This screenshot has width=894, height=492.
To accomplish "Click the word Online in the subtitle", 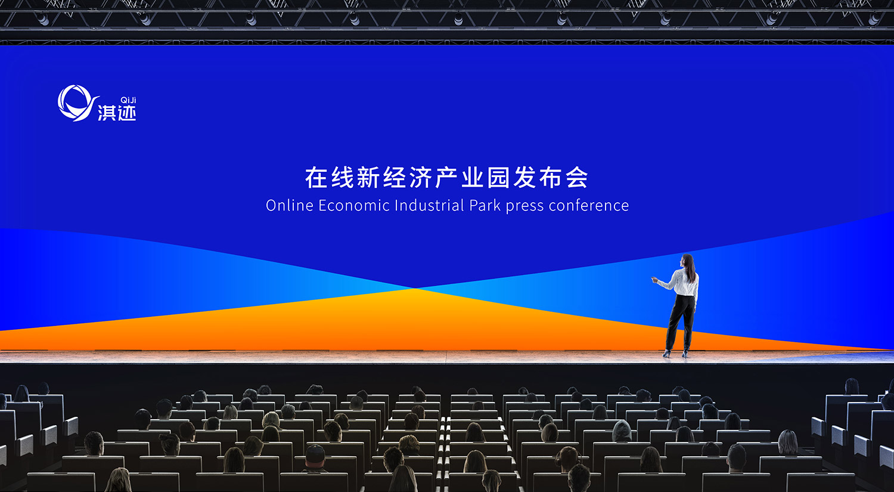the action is click(289, 205).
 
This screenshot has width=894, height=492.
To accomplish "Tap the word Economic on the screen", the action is click(354, 205).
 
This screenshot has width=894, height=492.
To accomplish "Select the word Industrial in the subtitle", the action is click(430, 205).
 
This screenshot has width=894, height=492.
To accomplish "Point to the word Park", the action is click(485, 205).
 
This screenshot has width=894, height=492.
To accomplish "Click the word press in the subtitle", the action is click(525, 207).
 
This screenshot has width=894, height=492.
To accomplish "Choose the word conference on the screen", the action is click(589, 205).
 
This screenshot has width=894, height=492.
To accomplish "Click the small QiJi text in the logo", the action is click(128, 100).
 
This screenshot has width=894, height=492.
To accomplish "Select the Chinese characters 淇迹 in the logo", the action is click(117, 113).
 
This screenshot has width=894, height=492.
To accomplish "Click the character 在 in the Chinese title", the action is click(316, 178).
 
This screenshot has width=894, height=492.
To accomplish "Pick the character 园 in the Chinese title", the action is click(499, 178).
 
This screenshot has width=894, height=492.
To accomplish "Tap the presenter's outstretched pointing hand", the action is click(654, 280).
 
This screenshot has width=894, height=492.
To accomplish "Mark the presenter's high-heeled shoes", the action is click(675, 354).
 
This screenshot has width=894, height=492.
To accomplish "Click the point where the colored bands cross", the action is click(415, 288).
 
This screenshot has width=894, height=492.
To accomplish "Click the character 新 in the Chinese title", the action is click(368, 178).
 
